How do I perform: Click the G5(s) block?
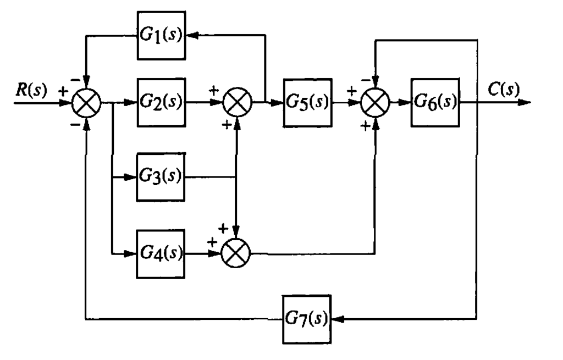coord(308,102)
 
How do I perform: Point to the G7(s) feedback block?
coord(307,319)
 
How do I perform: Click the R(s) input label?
coord(31,90)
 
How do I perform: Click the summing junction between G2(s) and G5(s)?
coord(237,102)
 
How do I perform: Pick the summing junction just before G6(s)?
coord(376,102)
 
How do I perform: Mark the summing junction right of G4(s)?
coord(236,253)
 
